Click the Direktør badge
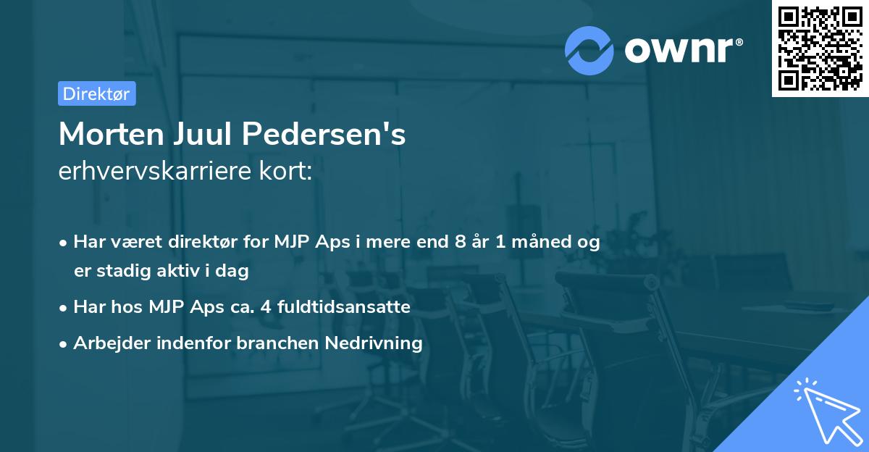point(96,93)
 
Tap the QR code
point(820,49)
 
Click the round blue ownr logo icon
point(590,49)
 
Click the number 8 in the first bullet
point(461,243)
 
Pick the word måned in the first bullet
point(539,243)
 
